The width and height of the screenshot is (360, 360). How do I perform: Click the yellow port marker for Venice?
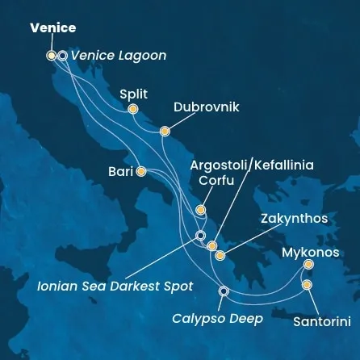52,56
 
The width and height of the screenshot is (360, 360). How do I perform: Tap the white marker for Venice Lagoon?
62,56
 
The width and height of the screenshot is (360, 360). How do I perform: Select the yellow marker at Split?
133,109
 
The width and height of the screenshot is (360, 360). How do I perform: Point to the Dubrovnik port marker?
165,131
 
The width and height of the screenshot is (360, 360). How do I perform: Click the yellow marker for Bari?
141,171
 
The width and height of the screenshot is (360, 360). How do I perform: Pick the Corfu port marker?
200,210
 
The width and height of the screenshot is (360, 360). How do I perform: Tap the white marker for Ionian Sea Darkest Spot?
200,236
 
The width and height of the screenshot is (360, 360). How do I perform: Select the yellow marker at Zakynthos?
220,256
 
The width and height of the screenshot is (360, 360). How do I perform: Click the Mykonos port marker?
308,264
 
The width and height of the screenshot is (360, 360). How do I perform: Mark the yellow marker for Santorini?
307,285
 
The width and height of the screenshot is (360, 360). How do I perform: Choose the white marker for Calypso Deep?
224,291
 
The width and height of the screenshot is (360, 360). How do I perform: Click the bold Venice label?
53,28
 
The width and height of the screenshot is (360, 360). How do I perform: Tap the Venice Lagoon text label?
119,56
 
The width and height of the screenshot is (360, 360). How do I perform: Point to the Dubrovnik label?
206,107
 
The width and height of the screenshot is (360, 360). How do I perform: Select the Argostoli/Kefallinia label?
251,165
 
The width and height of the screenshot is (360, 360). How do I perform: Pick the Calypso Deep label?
218,319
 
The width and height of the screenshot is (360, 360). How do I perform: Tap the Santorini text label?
321,321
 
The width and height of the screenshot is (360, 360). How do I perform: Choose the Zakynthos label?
294,219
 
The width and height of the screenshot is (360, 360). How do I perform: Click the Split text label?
133,94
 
